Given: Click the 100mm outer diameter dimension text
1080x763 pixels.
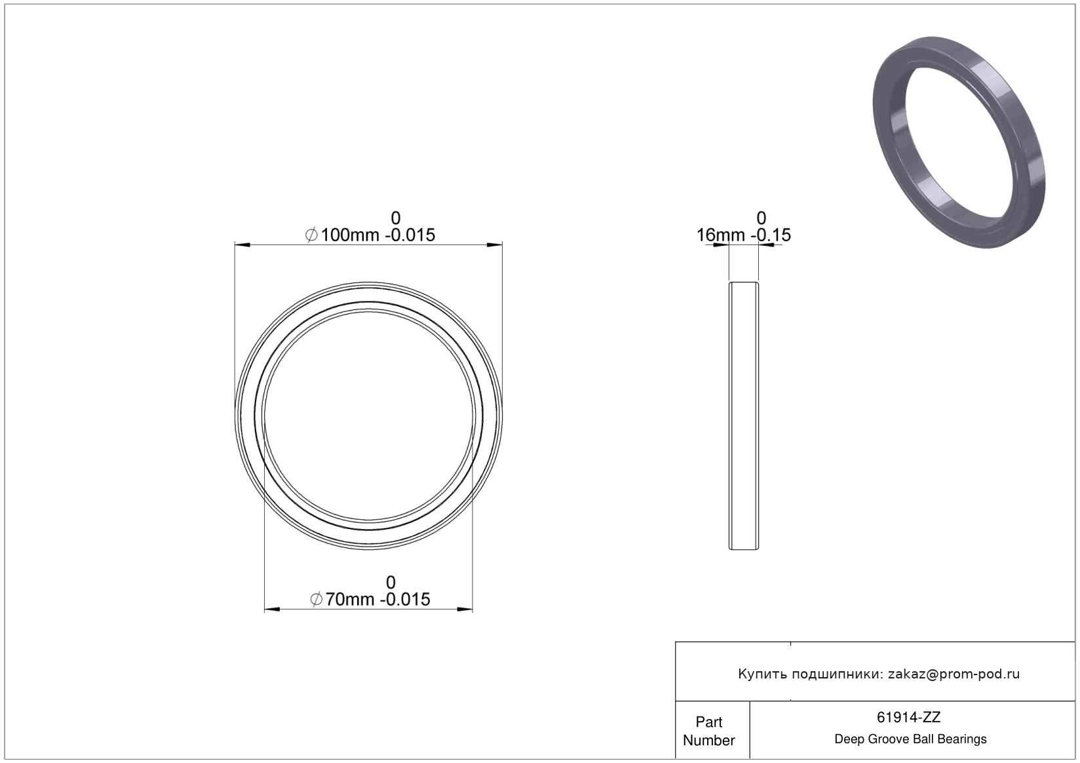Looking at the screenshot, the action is coord(370,235).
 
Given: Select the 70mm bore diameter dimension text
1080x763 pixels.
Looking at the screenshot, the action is coord(370,599).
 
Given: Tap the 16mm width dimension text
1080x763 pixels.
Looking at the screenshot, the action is coord(743,235).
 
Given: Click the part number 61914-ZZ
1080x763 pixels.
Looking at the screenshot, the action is coord(908,717).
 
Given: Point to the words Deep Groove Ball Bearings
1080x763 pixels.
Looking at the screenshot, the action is coord(910,739).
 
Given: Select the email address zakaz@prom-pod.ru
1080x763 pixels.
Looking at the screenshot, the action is coord(954,674).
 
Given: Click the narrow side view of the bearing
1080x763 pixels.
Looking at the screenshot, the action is coord(743,416).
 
